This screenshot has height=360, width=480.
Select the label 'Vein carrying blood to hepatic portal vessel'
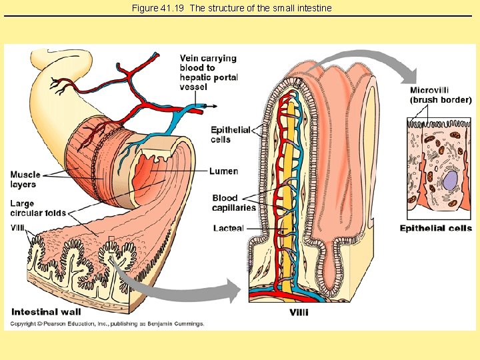[208, 73]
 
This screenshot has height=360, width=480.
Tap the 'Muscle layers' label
[24, 180]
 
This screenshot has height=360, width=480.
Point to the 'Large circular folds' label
[38, 208]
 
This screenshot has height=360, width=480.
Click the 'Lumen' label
[223, 171]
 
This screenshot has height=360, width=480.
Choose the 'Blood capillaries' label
[234, 203]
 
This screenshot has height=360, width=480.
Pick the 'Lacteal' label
[228, 228]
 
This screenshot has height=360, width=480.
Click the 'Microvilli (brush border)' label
[440, 95]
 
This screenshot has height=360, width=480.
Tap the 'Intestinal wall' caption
[46, 311]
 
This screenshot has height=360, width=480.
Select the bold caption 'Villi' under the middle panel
[299, 312]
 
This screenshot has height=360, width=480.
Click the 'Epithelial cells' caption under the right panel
[435, 228]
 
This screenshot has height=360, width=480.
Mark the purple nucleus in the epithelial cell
[451, 180]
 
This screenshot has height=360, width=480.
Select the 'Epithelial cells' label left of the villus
[230, 134]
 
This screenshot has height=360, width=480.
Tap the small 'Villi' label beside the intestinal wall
[17, 227]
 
